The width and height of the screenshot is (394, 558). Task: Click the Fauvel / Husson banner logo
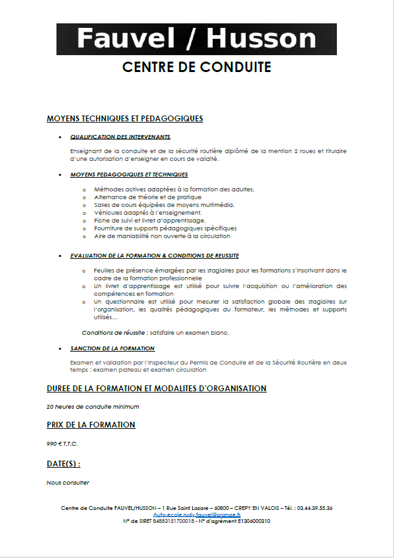point(196,38)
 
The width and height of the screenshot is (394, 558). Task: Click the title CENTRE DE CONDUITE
point(197,67)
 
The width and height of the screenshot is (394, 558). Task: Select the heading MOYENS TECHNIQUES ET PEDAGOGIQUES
point(125,119)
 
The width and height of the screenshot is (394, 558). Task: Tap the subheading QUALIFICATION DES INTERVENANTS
point(120,137)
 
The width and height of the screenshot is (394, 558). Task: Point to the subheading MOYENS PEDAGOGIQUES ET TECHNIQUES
point(129,175)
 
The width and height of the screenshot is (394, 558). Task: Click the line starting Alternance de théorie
point(147,197)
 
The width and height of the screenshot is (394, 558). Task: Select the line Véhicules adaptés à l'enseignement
point(148,212)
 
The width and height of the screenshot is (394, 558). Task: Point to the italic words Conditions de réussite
point(109,332)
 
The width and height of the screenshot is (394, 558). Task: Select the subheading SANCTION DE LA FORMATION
point(112,348)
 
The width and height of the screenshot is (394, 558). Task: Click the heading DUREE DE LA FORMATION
point(156,389)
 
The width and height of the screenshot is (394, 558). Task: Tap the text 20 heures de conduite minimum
point(92,407)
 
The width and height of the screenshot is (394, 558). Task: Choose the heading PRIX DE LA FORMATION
point(91,425)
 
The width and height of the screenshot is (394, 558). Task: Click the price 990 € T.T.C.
point(62,444)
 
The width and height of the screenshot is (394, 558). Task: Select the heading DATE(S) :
point(63,464)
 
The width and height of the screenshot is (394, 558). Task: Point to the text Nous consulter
point(68,482)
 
